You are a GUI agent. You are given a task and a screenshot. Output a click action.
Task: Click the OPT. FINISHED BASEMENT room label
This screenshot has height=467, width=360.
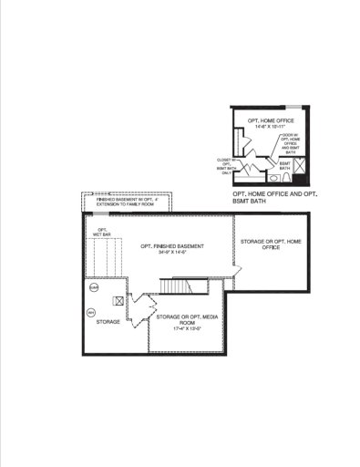(172, 246)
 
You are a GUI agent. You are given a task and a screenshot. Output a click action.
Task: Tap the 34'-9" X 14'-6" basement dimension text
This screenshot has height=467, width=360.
(171, 253)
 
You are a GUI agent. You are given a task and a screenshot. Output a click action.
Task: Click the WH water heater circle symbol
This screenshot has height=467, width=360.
(91, 313)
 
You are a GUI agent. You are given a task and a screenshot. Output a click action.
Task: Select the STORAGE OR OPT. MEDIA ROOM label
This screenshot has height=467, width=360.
(179, 319)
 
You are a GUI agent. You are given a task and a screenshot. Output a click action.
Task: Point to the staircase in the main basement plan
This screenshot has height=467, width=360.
(175, 287)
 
